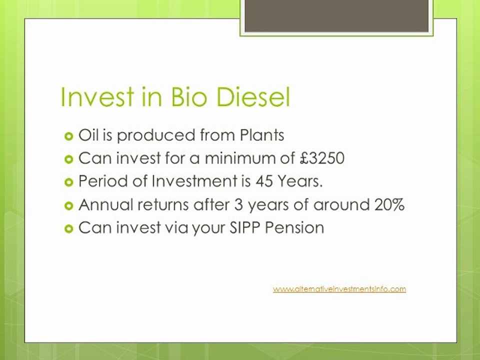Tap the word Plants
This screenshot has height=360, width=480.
[261, 135]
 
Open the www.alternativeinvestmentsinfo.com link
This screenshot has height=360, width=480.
[339, 289]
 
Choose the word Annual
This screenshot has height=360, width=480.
[103, 205]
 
